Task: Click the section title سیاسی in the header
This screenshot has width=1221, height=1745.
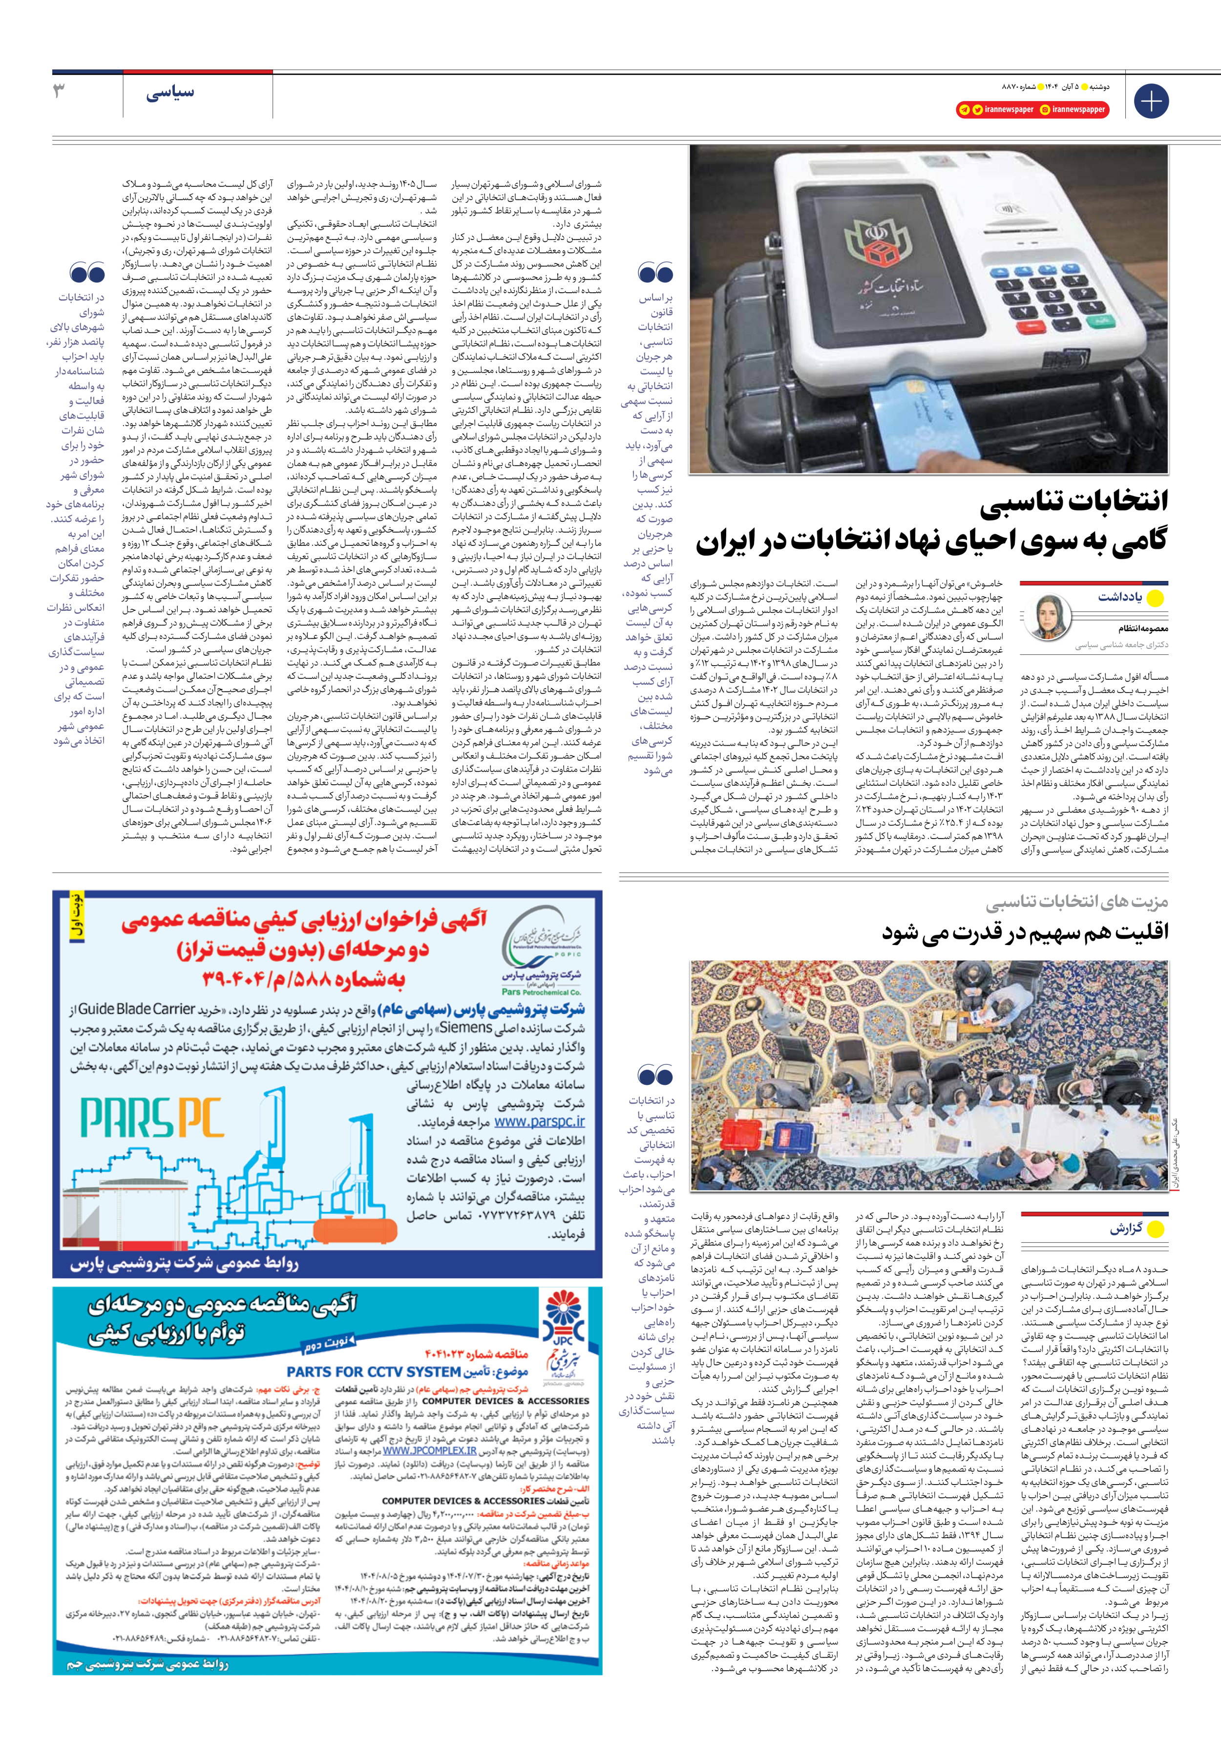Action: click(170, 93)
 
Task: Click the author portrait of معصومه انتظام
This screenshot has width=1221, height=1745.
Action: click(1051, 616)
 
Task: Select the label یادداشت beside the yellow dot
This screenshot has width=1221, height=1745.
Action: click(1119, 597)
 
